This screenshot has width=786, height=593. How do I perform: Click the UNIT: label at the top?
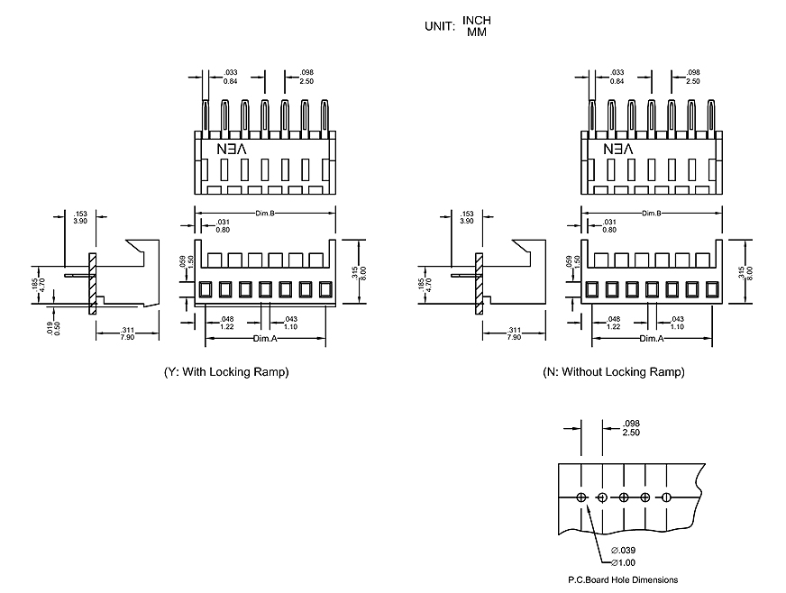(x=441, y=26)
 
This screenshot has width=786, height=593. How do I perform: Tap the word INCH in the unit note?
(x=477, y=20)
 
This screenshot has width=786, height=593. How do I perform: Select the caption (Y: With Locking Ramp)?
(x=226, y=371)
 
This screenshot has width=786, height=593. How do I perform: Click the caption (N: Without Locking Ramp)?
(x=613, y=371)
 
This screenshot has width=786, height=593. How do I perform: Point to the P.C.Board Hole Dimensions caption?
(x=623, y=579)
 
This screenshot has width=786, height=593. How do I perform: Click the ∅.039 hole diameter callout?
(x=625, y=550)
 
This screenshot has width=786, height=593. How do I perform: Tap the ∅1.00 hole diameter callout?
(x=625, y=562)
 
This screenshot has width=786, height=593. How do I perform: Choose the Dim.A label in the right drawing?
(x=652, y=338)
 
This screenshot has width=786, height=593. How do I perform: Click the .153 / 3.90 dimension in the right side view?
(x=466, y=217)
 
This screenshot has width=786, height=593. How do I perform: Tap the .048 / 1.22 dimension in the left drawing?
(x=226, y=323)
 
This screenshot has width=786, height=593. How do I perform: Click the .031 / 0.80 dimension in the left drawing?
(x=222, y=226)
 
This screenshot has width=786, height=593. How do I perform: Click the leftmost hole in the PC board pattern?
(x=581, y=497)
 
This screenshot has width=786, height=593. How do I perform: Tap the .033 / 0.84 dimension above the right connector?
(x=617, y=77)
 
